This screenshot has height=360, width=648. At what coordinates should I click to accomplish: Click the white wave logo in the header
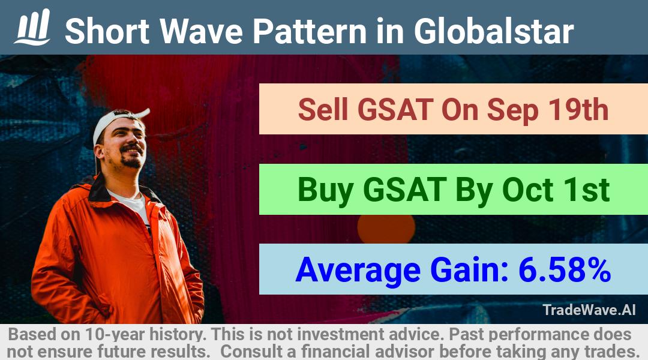pyautogui.click(x=32, y=27)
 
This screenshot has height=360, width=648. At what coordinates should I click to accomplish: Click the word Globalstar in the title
pyautogui.click(x=494, y=31)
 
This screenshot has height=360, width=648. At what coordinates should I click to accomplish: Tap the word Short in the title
pyautogui.click(x=107, y=31)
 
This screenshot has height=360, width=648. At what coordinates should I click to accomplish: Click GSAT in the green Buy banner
pyautogui.click(x=404, y=190)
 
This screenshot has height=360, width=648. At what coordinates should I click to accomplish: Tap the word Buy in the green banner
pyautogui.click(x=325, y=191)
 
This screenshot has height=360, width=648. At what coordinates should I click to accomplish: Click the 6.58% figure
pyautogui.click(x=565, y=270)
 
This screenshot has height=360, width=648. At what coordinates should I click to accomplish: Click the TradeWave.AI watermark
pyautogui.click(x=589, y=310)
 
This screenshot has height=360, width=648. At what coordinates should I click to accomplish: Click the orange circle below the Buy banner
pyautogui.click(x=386, y=229)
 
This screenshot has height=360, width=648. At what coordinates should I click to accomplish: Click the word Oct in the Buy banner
pyautogui.click(x=527, y=190)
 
